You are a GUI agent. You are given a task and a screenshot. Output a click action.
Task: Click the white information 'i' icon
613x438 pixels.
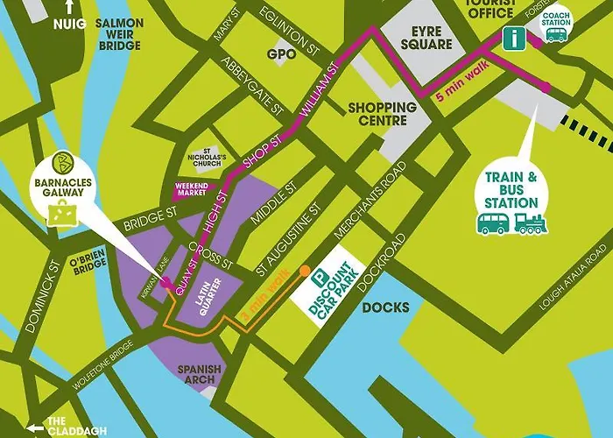(513, 38)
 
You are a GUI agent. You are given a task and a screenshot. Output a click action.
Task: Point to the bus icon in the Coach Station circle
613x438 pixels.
(555, 33)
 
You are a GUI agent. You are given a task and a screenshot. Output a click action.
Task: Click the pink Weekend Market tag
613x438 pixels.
(190, 188)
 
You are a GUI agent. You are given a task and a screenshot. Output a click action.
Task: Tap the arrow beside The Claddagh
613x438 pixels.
(36, 428)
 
